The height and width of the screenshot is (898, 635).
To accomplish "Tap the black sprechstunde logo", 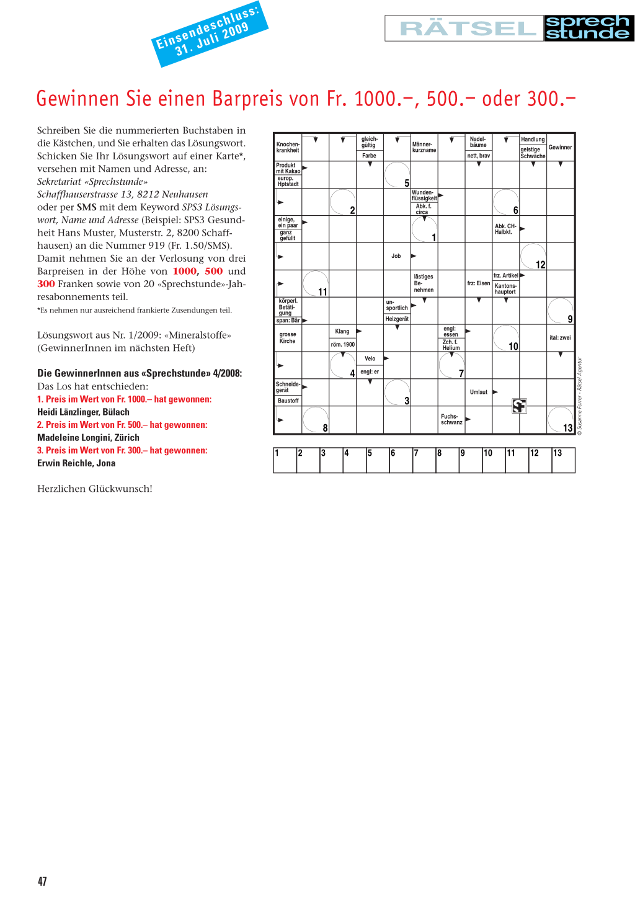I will (588, 29).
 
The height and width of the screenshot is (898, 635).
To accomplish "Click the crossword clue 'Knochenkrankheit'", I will (288, 148).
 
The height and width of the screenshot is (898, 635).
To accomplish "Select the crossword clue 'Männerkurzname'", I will (424, 148).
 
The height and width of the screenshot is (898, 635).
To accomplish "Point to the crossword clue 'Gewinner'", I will (560, 148).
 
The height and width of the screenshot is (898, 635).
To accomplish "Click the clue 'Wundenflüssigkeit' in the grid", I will (424, 195).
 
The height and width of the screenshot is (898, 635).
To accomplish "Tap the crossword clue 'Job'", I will (396, 256).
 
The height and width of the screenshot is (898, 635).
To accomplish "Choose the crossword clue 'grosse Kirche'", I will (288, 338).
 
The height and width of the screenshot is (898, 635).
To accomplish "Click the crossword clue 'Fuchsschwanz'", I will (451, 420).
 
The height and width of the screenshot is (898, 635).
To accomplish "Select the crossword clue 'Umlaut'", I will (479, 393).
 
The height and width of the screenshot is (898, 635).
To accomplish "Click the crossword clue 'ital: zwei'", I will (560, 338).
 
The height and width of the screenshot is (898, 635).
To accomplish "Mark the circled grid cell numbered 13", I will (560, 420).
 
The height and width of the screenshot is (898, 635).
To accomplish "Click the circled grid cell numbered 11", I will (315, 283).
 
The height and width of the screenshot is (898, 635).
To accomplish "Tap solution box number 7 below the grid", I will (424, 461).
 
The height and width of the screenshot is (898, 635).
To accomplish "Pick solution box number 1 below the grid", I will (285, 461).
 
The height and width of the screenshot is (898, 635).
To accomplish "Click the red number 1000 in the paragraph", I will (185, 271).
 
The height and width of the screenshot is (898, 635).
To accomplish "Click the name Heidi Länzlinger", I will (83, 412).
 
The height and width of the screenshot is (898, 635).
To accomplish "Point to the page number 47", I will (42, 881).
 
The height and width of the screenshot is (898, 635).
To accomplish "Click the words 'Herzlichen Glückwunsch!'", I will (95, 489).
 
